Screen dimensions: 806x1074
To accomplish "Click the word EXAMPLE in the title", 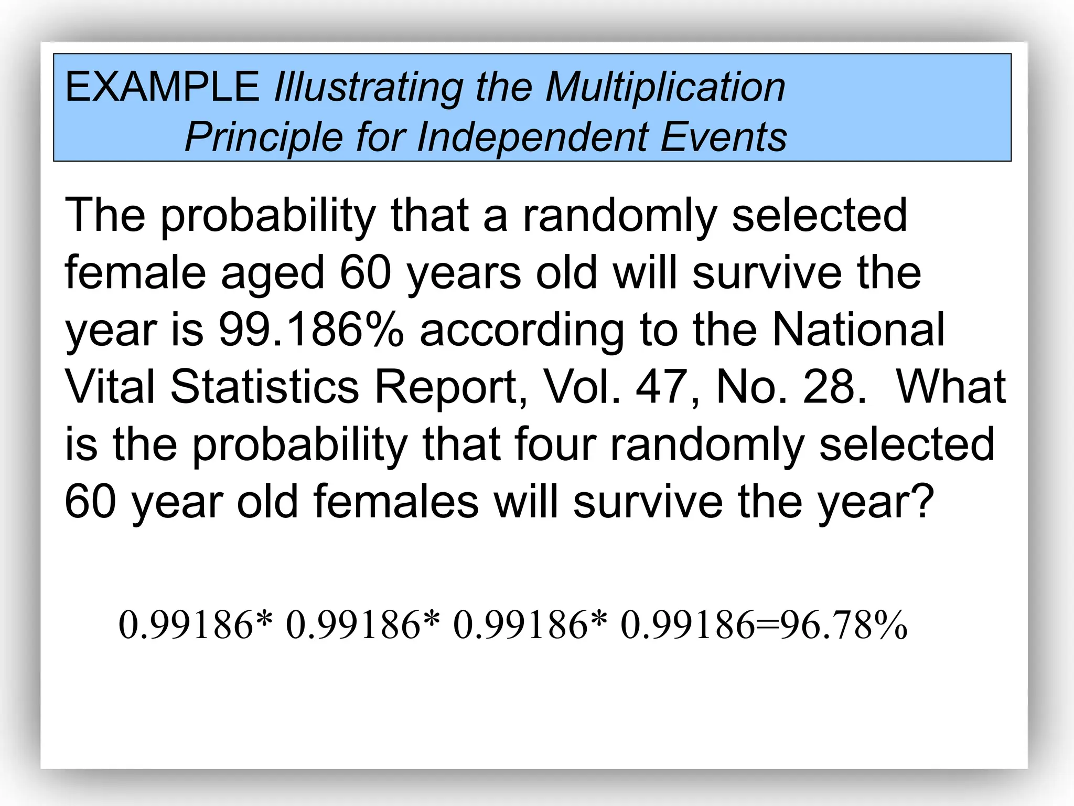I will [162, 87].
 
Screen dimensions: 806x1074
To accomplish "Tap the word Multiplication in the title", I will [665, 88].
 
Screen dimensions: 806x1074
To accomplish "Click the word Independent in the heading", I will [532, 137].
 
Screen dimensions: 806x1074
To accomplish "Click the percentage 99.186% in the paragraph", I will [311, 330].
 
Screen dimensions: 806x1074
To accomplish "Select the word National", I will [858, 330].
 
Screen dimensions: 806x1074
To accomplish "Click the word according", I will [522, 331].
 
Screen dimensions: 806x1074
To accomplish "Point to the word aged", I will [273, 274].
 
